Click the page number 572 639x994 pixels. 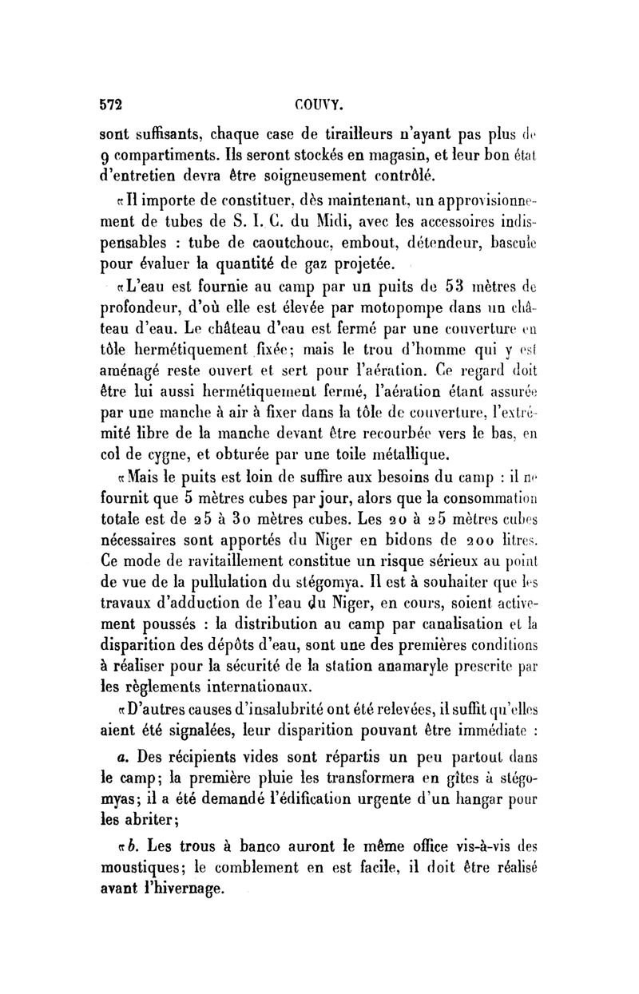coord(113,105)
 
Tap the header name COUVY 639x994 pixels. coord(317,105)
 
